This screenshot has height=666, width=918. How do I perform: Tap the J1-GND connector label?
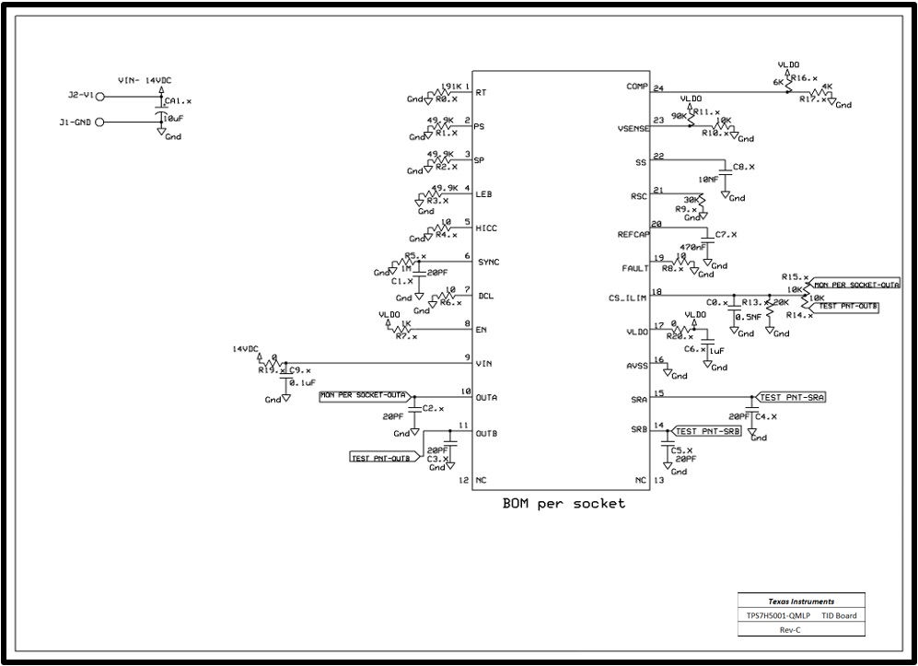[x=76, y=121]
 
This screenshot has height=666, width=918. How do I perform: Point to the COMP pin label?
[x=637, y=87]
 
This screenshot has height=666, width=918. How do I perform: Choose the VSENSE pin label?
[x=633, y=130]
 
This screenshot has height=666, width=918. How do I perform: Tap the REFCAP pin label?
[x=633, y=235]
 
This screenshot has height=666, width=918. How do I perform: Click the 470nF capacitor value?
[x=693, y=247]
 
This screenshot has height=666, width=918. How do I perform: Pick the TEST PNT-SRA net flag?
[x=791, y=398]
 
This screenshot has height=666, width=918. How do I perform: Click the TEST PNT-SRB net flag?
[x=707, y=431]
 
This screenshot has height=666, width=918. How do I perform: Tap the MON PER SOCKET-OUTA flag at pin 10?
[x=364, y=395]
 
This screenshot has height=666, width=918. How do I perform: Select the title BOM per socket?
[x=564, y=504]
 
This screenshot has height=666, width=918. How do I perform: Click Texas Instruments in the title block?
[x=799, y=599]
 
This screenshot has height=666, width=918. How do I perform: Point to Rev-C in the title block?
[x=799, y=629]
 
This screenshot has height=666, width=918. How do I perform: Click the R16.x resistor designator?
[x=805, y=78]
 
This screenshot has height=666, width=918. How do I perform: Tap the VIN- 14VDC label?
[x=146, y=81]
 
